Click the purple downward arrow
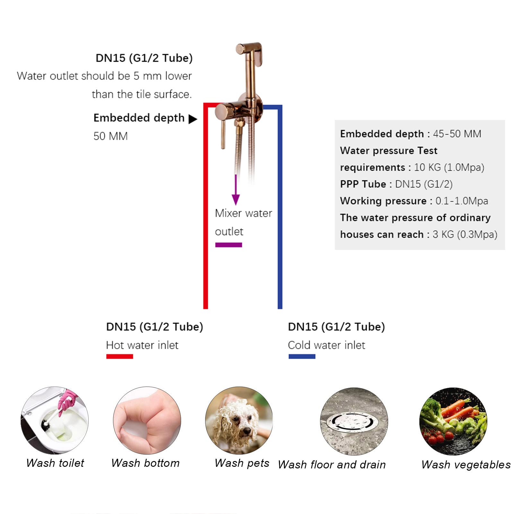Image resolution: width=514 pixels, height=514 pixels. [236, 189]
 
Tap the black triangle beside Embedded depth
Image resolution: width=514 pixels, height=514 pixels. [192, 119]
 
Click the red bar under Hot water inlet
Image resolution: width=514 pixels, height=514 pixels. [119, 356]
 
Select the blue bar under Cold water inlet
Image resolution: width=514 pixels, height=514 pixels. [302, 356]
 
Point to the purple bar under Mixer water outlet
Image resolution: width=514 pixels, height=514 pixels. [229, 245]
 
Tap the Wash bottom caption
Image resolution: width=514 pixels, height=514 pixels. [145, 463]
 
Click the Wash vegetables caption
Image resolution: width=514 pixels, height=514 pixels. [466, 465]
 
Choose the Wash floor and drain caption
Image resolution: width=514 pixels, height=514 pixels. [332, 465]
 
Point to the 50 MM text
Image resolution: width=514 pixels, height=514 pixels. [110, 136]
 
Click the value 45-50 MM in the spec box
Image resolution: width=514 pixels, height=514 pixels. [457, 134]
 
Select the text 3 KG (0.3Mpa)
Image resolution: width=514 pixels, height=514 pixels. [465, 234]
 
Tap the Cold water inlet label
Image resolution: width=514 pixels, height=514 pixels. [327, 345]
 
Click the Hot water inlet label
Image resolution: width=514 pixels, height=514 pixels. [142, 345]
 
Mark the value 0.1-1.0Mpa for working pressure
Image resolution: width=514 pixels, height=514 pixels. [462, 201]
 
